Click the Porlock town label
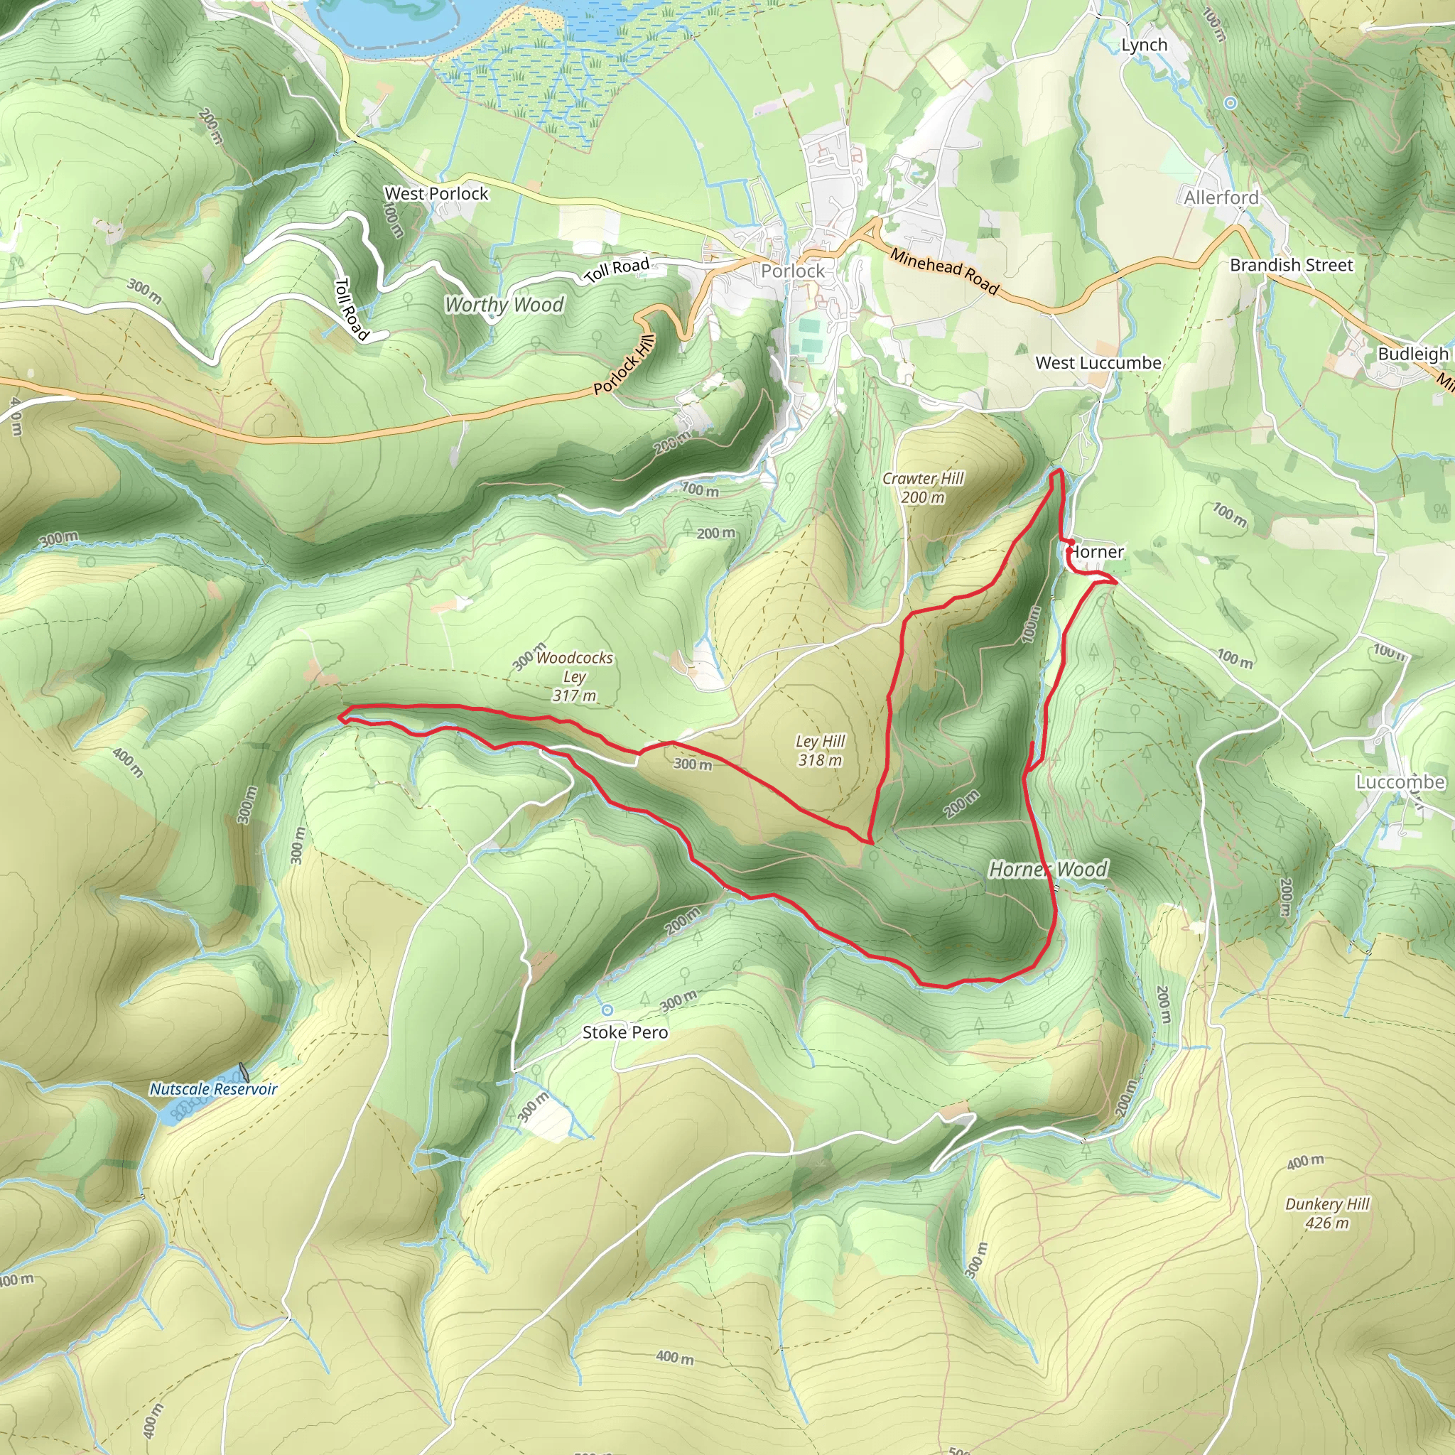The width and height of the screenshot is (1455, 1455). click(792, 271)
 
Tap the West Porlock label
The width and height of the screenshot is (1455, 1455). click(436, 193)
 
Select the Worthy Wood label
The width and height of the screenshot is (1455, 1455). click(504, 305)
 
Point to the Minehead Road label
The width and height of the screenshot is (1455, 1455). click(944, 271)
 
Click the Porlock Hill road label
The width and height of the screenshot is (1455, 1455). click(624, 364)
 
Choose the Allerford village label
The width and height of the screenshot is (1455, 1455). click(1221, 198)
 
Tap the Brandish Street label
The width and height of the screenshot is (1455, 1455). click(1291, 265)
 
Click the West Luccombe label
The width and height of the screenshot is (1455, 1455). click(1098, 363)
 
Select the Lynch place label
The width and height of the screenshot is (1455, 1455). click(1144, 45)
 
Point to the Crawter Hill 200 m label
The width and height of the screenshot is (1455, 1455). click(923, 487)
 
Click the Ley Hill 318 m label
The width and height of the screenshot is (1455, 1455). click(820, 751)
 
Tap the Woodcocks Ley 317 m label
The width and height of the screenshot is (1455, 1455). click(575, 676)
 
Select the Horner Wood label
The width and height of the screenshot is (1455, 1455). click(1048, 870)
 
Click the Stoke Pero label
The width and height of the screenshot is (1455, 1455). click(625, 1032)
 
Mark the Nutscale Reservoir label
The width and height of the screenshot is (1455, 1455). click(213, 1089)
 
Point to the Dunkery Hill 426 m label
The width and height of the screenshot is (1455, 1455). click(1327, 1213)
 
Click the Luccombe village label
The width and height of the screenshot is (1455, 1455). click(1400, 782)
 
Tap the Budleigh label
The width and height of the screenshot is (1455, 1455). click(1413, 354)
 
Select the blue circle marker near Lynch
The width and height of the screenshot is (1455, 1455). click(1230, 103)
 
